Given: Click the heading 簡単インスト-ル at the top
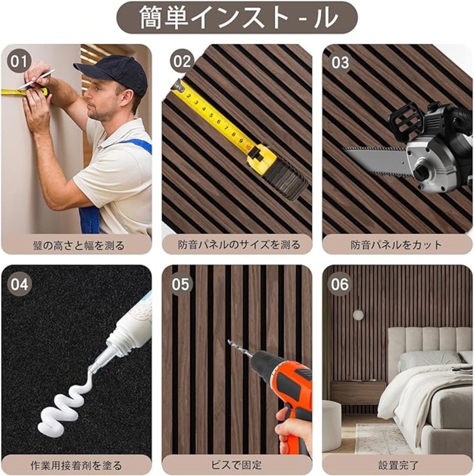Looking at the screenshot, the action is pyautogui.click(x=237, y=18).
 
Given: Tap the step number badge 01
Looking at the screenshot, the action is pyautogui.click(x=19, y=62).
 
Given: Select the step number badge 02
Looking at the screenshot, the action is pyautogui.click(x=182, y=62).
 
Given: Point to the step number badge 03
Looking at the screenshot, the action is pyautogui.click(x=341, y=62).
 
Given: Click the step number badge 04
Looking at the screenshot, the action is pyautogui.click(x=19, y=285).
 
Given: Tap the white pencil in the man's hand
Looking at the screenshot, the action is pyautogui.click(x=37, y=78).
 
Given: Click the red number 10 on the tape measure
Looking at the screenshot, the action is pyautogui.click(x=248, y=148).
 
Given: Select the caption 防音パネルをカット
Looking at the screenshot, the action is pyautogui.click(x=396, y=245).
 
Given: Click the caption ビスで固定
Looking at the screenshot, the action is pyautogui.click(x=236, y=465).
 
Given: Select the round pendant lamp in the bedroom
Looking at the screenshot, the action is pyautogui.click(x=358, y=315).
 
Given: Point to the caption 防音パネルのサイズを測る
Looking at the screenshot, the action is pyautogui.click(x=239, y=245).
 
